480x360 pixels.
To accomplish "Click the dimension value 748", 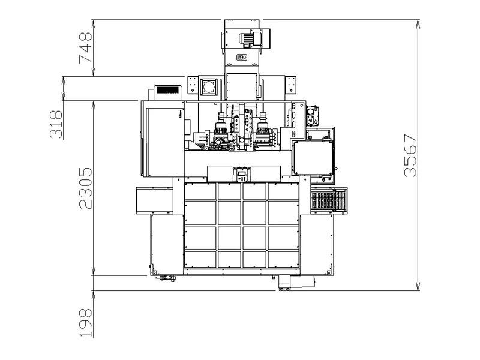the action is [85, 48].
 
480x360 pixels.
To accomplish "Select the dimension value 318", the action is [56, 124].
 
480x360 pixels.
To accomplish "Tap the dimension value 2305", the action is [85, 188].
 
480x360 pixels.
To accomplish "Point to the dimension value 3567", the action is [410, 155].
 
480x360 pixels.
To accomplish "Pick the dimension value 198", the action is [85, 323].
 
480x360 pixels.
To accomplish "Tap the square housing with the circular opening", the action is [209, 87].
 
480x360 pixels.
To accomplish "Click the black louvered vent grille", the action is [167, 89].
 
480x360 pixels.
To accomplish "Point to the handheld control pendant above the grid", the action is [242, 175].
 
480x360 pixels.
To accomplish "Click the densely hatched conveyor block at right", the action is [328, 200].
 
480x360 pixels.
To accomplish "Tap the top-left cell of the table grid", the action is [200, 191].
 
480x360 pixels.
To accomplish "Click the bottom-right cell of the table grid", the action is [283, 259].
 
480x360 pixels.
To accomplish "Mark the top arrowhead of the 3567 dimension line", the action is [418, 24].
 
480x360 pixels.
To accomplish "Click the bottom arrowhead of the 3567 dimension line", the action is [418, 286].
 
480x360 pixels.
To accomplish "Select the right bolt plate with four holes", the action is [290, 85].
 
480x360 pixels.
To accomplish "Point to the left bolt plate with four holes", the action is [192, 85].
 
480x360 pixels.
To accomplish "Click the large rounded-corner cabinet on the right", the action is [313, 158].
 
